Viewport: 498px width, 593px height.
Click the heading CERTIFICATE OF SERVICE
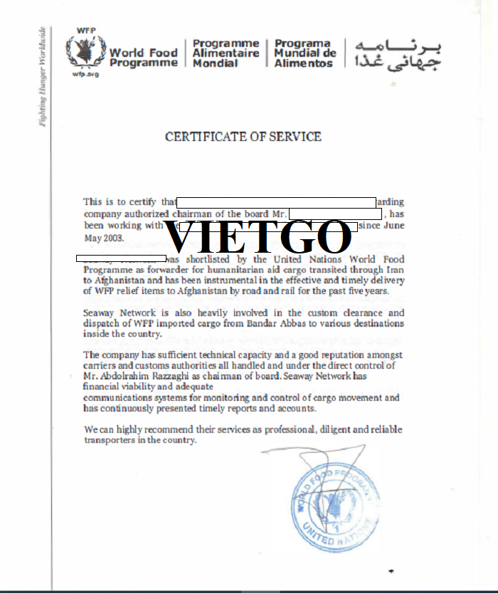243,136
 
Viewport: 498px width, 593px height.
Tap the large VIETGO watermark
258,237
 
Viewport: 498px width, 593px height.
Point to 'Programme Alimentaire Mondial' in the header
226,53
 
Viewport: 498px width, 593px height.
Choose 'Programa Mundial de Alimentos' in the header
305,53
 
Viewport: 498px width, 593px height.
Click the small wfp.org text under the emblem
85,73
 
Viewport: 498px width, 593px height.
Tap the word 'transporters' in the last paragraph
109,440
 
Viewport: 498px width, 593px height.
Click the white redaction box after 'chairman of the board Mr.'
336,214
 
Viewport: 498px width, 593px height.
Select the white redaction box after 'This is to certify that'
276,202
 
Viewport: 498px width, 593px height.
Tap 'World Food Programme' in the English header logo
143,58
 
